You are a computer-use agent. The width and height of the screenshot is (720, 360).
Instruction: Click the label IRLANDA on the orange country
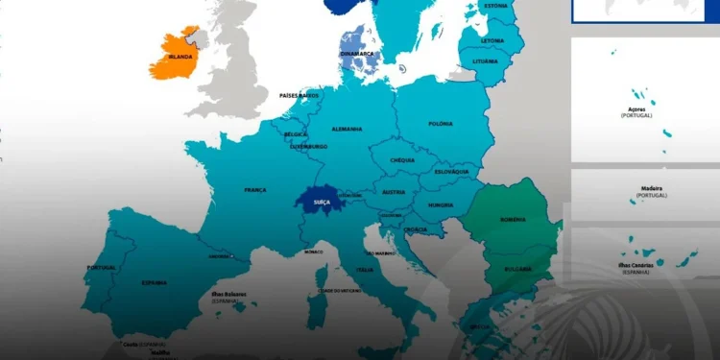(180, 57)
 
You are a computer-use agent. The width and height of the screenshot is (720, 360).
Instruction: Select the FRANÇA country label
(255, 190)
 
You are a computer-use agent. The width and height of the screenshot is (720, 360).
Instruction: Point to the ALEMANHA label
(347, 129)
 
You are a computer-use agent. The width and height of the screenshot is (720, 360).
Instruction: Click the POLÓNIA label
(441, 124)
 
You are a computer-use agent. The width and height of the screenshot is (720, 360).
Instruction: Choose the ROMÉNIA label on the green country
(514, 220)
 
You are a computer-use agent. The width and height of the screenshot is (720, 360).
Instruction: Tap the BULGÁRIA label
(518, 269)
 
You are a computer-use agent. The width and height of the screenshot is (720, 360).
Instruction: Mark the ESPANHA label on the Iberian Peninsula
(154, 282)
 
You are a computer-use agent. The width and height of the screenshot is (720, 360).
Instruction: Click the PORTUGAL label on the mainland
(101, 267)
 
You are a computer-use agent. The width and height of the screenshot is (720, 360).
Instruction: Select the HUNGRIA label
(441, 204)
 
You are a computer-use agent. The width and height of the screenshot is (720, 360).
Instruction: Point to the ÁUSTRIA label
(394, 191)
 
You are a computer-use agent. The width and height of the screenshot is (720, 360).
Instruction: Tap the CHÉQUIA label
(402, 160)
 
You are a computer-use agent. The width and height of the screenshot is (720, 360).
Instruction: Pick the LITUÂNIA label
(486, 61)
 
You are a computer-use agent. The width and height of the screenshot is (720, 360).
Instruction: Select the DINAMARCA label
(355, 54)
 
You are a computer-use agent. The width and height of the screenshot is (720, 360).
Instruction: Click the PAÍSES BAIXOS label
(299, 96)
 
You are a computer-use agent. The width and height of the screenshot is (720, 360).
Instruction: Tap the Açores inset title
(637, 111)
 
